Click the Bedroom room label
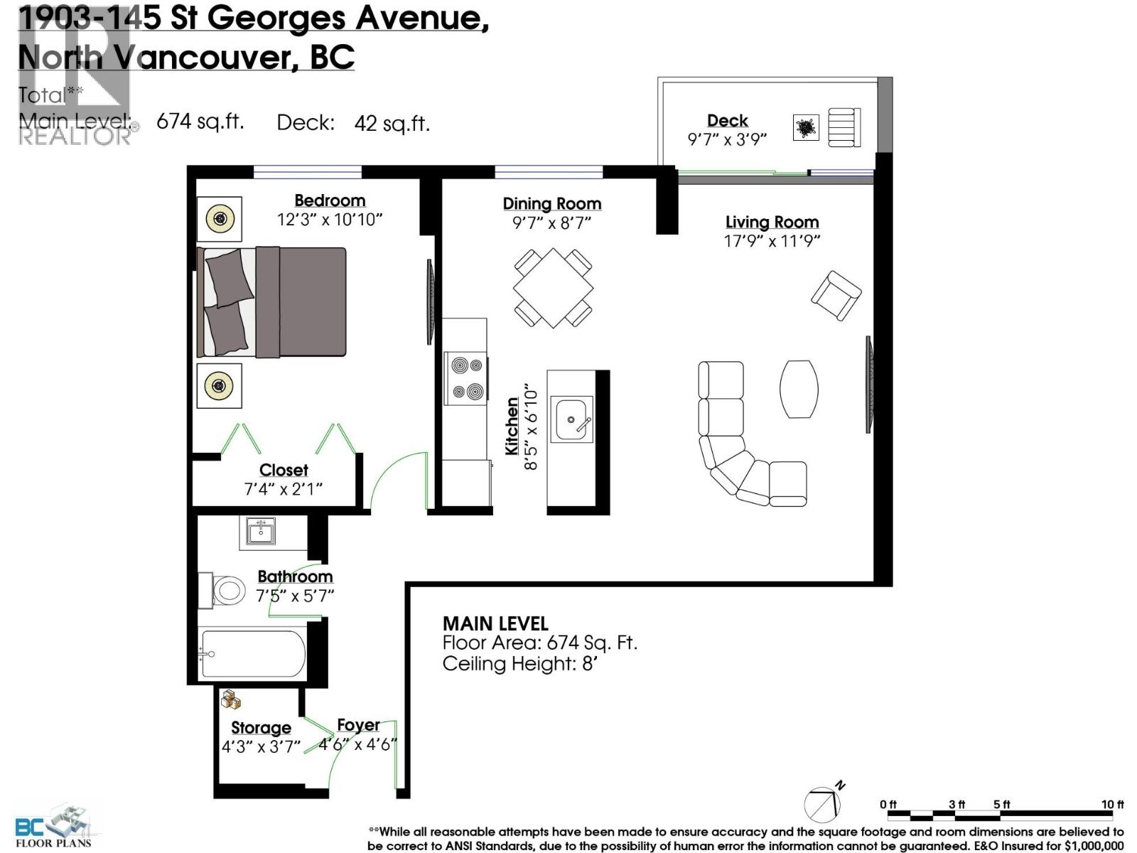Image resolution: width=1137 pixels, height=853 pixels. click(330, 200)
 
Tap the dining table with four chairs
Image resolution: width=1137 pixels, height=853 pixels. click(553, 287)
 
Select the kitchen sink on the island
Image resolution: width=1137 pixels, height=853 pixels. click(573, 419)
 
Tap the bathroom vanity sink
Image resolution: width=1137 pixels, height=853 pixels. click(261, 532)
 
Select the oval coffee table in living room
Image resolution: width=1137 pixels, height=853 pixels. click(799, 389)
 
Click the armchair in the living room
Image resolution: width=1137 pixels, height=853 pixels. click(836, 295)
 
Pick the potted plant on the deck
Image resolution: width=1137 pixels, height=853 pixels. click(805, 129)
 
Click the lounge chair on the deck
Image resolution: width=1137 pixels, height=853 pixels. click(844, 127)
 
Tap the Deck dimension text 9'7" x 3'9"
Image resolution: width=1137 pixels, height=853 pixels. click(727, 139)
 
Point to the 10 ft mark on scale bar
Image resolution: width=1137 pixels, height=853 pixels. click(1112, 804)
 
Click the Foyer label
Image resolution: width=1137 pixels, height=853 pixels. click(358, 724)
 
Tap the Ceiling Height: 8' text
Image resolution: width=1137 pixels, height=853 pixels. click(518, 664)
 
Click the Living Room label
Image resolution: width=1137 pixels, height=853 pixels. click(772, 222)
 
